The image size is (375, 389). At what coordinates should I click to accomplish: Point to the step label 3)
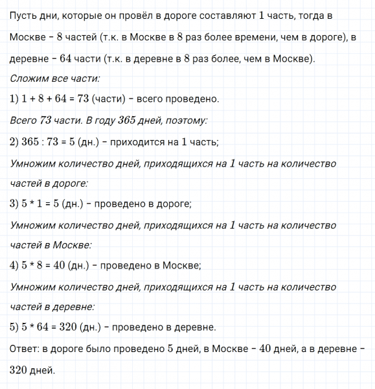16,204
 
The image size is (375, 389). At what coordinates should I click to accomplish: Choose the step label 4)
16,266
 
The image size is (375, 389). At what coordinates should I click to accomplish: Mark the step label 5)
16,327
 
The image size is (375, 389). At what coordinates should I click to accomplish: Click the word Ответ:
27,349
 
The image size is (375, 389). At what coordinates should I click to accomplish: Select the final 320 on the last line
22,370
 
